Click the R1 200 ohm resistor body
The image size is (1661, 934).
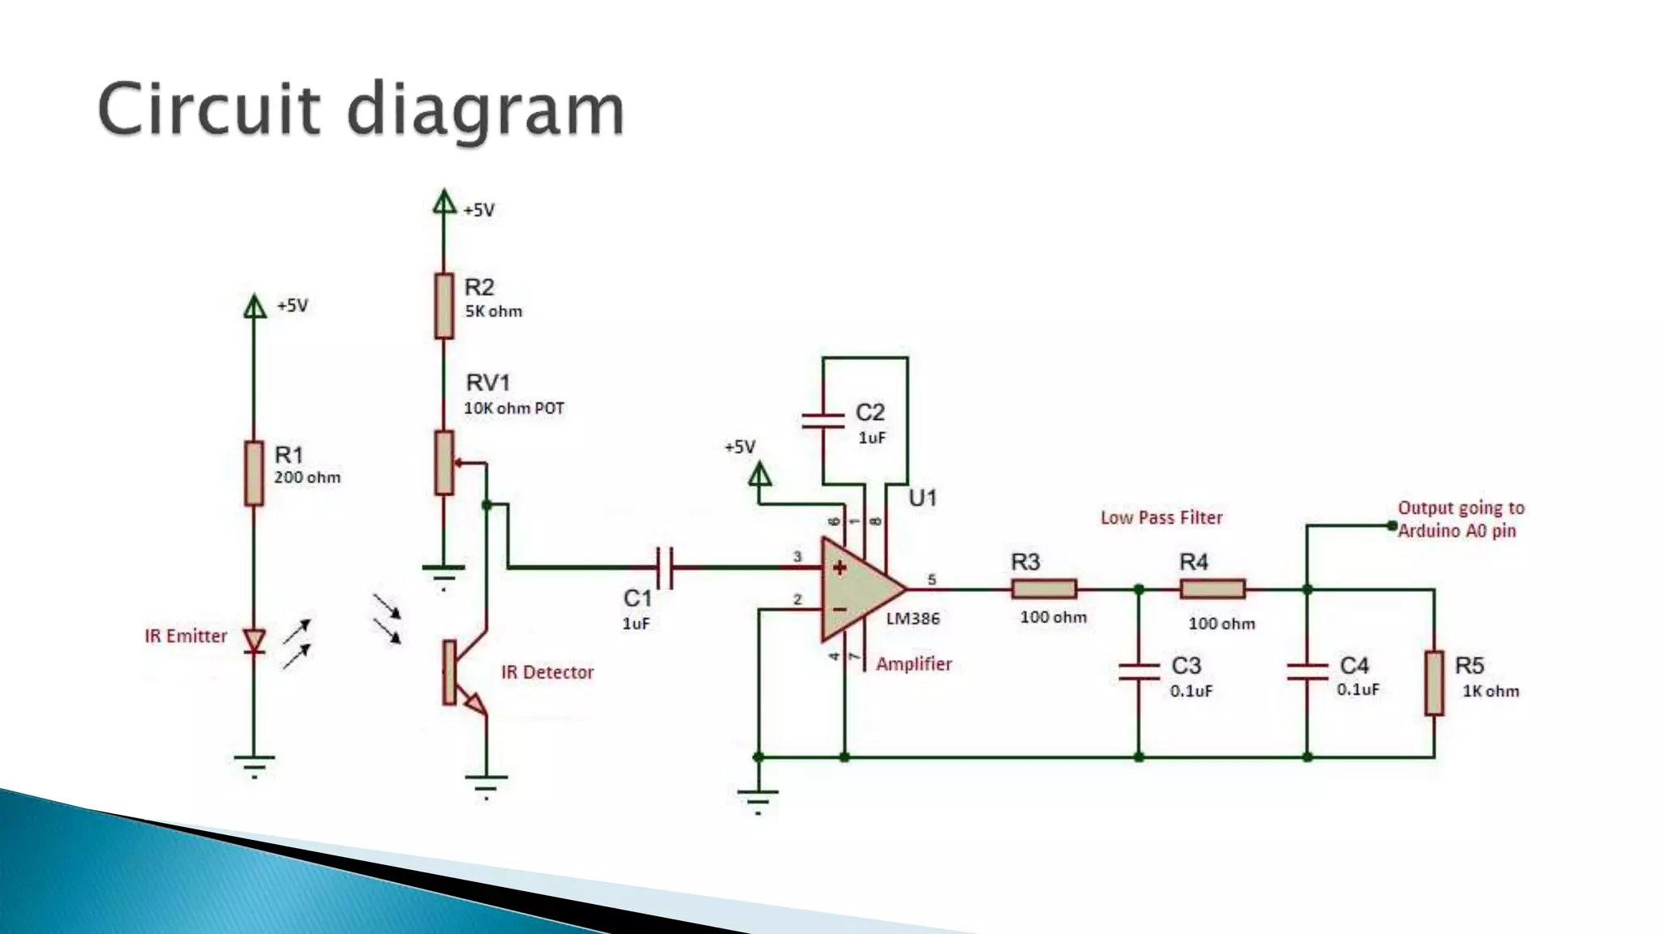click(255, 473)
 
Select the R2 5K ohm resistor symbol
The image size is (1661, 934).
click(444, 306)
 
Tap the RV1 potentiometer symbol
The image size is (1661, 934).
click(444, 462)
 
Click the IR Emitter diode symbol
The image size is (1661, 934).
click(255, 641)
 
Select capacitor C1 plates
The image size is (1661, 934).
click(664, 567)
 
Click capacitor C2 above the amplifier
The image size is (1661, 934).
click(822, 420)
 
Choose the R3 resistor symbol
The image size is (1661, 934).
click(1044, 589)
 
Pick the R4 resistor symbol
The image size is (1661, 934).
click(1212, 589)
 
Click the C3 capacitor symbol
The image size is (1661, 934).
click(1139, 671)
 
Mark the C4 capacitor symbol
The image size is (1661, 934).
click(1307, 671)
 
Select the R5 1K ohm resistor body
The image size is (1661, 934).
click(1434, 683)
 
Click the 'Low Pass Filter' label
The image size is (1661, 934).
click(1161, 518)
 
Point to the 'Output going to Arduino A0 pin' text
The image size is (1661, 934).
click(1460, 519)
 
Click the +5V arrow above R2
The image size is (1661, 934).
click(444, 201)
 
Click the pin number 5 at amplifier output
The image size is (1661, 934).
click(932, 580)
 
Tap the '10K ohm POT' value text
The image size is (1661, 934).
click(513, 409)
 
